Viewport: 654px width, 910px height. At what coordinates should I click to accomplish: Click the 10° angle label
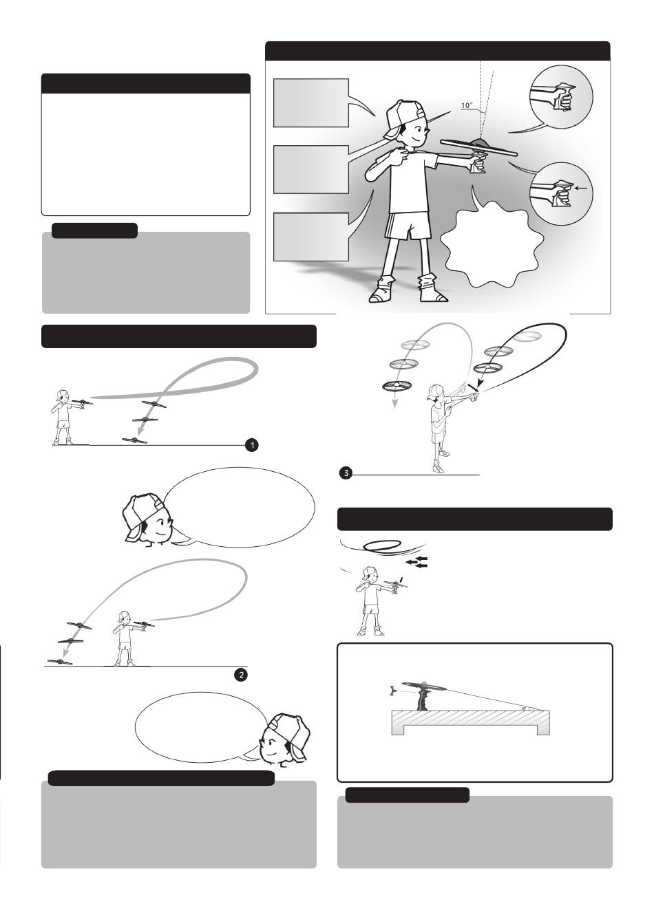point(467,105)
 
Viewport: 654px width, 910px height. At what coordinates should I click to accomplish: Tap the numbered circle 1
point(252,445)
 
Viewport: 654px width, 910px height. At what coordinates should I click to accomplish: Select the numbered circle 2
point(241,675)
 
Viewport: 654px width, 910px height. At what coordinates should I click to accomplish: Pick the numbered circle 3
point(346,473)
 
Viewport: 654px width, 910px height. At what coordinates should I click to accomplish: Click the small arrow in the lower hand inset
point(582,188)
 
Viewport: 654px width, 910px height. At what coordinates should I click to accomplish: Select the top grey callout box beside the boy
point(310,102)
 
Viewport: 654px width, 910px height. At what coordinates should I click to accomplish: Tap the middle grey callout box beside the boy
point(310,169)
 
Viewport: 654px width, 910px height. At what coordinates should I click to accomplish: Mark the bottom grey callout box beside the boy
point(310,237)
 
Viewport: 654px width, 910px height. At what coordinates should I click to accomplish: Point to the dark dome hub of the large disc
point(480,143)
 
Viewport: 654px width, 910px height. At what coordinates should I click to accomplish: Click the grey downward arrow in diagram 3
point(394,400)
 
